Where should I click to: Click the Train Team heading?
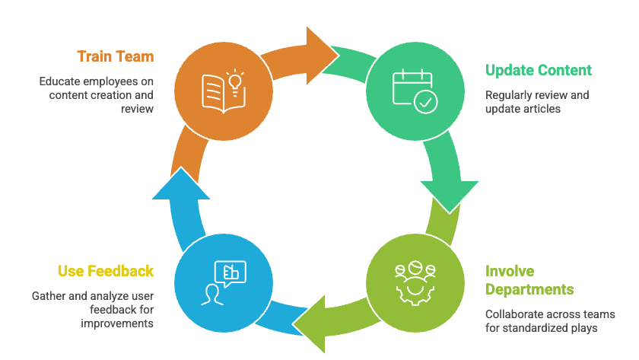point(115,56)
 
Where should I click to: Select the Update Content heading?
point(538,70)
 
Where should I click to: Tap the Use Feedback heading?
point(106,271)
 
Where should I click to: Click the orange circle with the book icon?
point(221,88)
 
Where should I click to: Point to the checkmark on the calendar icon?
point(424,101)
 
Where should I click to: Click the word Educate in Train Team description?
point(61,81)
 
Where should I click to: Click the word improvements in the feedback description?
point(117,323)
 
